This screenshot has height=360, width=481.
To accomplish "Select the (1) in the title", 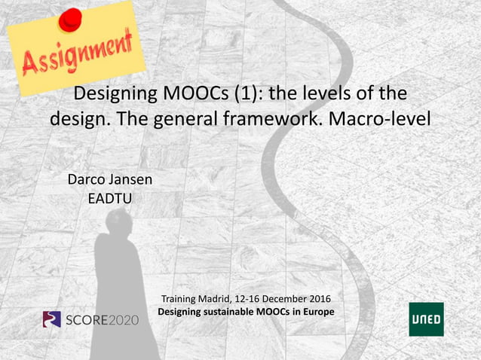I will [270, 95].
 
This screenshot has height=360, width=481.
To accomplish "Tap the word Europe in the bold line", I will [317, 311].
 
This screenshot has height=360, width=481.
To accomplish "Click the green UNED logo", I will [426, 319].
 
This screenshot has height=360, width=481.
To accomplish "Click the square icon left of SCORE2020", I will [51, 319].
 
